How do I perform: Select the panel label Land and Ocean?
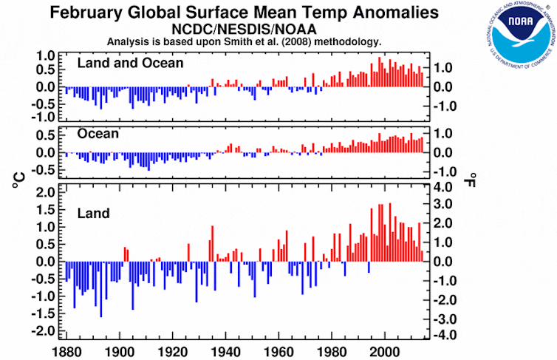point(130,64)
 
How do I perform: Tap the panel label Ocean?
point(99,134)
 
